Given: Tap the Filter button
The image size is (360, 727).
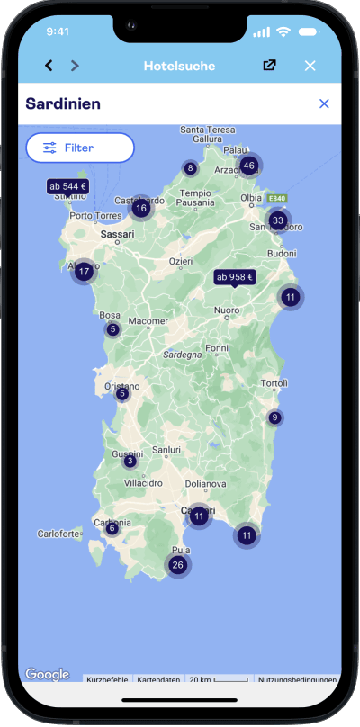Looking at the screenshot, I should [x=80, y=147].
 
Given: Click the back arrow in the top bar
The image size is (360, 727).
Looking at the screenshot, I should [x=49, y=66].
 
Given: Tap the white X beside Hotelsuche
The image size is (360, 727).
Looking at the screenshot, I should [x=310, y=66].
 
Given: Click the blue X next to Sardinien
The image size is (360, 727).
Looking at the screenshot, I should [x=324, y=103].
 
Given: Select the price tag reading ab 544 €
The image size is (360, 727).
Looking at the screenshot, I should [x=68, y=186].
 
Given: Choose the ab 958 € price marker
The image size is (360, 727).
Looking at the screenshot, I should [x=234, y=278].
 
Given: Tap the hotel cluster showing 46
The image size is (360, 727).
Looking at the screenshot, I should [x=248, y=165].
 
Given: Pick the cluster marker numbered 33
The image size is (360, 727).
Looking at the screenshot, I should [x=277, y=220].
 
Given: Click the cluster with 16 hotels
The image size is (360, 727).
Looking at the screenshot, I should [x=140, y=209].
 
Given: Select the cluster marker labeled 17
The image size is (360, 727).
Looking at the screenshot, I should [x=84, y=271].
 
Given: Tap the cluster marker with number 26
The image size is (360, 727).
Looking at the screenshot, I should [x=178, y=565].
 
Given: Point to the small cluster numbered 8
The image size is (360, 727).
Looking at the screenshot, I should [x=190, y=168].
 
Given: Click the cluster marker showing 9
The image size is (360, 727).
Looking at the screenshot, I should [x=274, y=417].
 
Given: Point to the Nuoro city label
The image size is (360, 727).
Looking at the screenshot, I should [x=226, y=311].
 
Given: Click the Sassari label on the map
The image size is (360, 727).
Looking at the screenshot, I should [x=117, y=234].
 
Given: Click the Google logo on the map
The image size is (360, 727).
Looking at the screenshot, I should [x=47, y=674].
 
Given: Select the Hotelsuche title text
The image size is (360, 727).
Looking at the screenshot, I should [x=180, y=66].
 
